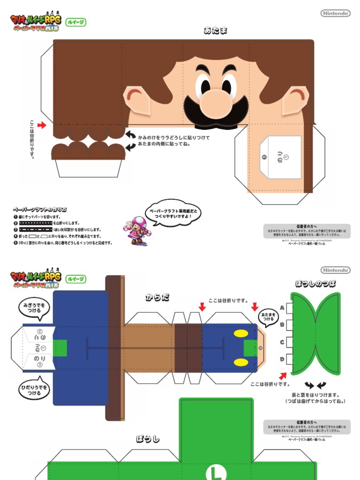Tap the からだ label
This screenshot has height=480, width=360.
[x=157, y=297]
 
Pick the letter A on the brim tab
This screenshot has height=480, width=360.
[x=282, y=307]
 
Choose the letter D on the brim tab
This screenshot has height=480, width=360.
[x=282, y=359]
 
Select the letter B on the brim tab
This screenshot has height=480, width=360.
[x=282, y=324]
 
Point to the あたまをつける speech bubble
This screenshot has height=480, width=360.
[x=268, y=318]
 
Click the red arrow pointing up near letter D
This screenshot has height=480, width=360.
[x=282, y=375]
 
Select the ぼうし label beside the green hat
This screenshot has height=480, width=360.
[x=148, y=439]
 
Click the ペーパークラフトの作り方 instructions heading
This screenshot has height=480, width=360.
[x=39, y=210]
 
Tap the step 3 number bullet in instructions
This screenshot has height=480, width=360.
[x=15, y=230]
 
